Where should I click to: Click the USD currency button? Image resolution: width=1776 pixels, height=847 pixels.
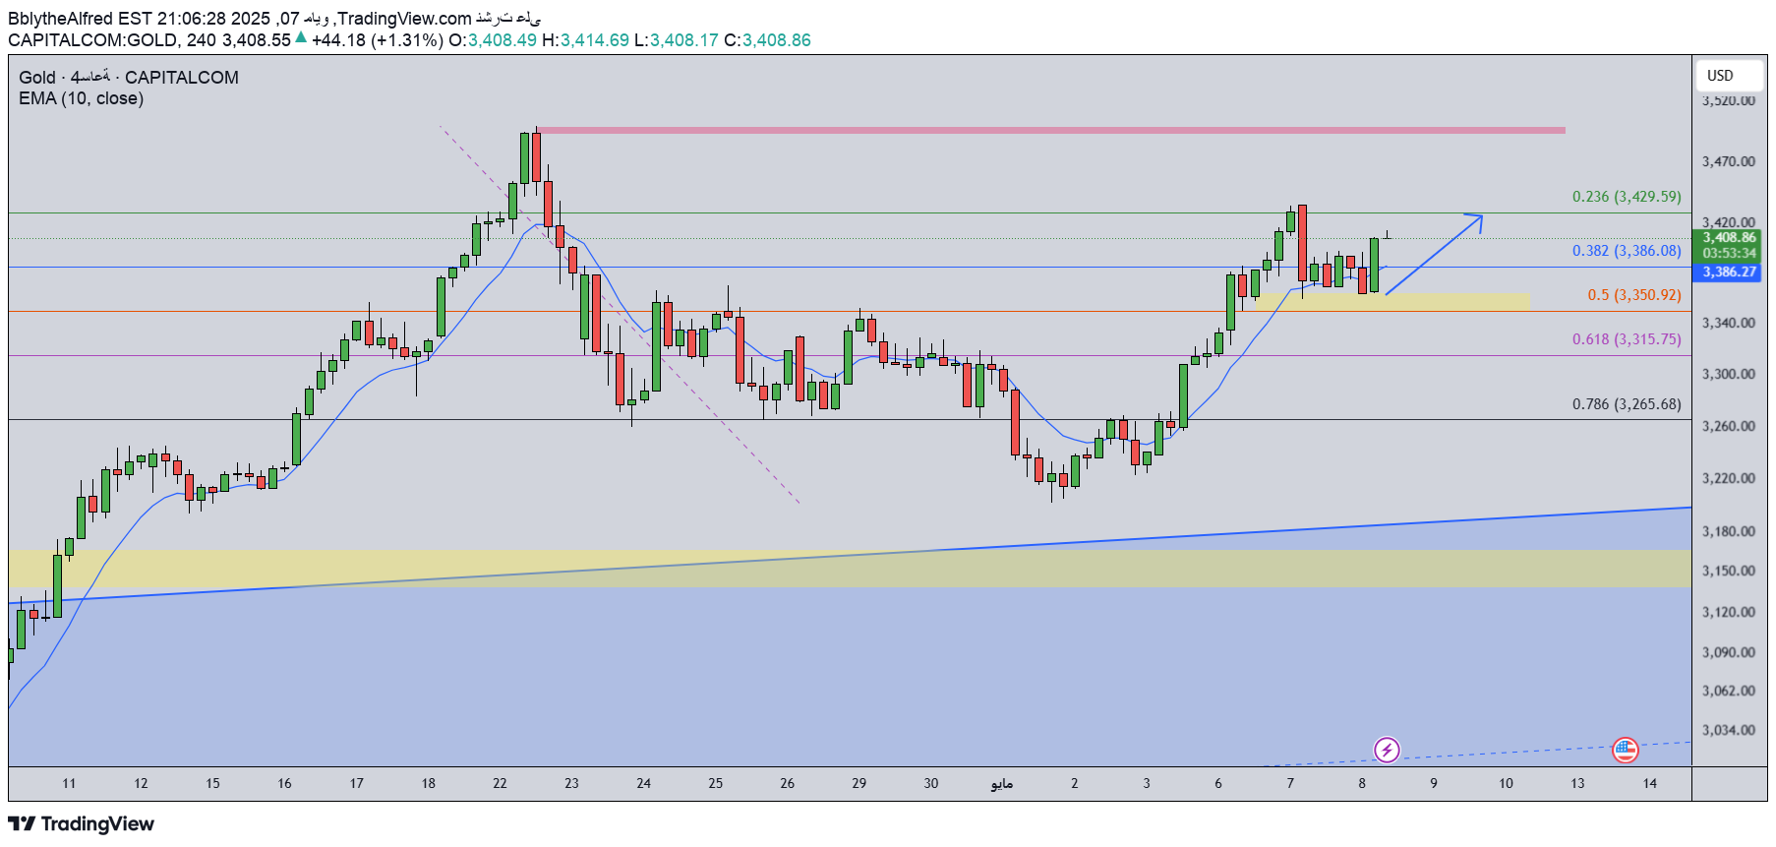(1720, 76)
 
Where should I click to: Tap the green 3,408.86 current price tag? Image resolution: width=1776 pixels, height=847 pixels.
(1729, 238)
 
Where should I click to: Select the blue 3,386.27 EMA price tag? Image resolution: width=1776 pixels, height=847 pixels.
(1729, 272)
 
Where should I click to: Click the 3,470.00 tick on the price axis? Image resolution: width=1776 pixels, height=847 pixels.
(1728, 161)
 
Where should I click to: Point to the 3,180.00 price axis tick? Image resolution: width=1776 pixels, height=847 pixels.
(1728, 531)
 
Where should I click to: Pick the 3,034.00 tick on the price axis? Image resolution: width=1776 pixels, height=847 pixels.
(1728, 730)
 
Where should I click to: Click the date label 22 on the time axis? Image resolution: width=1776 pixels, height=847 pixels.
(500, 784)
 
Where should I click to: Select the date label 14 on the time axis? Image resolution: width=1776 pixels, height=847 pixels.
(1649, 784)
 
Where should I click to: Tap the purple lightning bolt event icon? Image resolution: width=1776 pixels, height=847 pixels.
(1387, 751)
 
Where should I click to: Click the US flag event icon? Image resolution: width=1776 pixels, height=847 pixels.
(1626, 751)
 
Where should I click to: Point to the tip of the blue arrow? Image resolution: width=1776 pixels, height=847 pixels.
(1481, 216)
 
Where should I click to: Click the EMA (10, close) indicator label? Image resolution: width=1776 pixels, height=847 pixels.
(81, 98)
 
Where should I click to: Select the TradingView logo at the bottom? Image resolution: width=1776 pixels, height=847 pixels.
(82, 824)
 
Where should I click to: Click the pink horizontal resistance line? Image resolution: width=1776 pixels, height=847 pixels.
(1050, 130)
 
